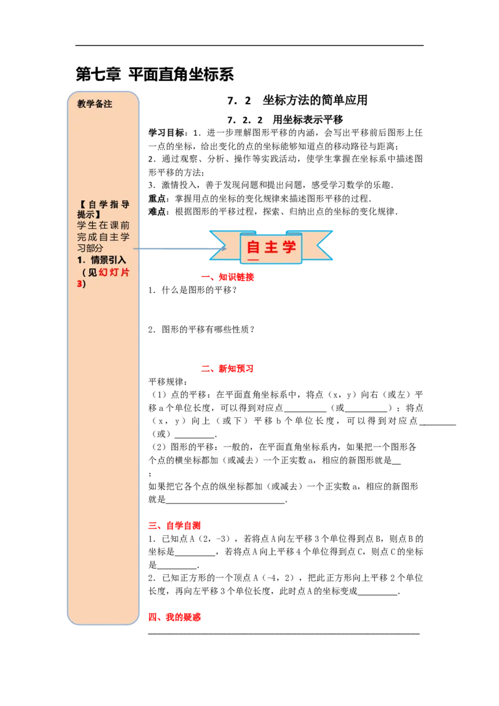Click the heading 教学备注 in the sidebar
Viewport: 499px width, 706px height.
coord(95,104)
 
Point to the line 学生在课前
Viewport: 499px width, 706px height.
coord(103,226)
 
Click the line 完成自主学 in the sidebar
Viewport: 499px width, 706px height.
coord(103,237)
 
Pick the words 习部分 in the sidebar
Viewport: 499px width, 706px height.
coord(90,248)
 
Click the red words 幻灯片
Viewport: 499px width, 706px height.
coord(114,272)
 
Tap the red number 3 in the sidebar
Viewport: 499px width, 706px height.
coord(79,284)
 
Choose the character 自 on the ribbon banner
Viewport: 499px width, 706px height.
coord(253,247)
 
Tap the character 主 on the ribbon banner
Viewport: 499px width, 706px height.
coord(271,247)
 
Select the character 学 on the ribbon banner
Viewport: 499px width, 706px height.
coord(289,247)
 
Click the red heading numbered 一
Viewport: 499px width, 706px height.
coord(227,278)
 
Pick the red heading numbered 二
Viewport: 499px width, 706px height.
coord(227,369)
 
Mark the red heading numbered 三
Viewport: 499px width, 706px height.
coord(175,526)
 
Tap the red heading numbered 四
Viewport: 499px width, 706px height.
coord(175,617)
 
